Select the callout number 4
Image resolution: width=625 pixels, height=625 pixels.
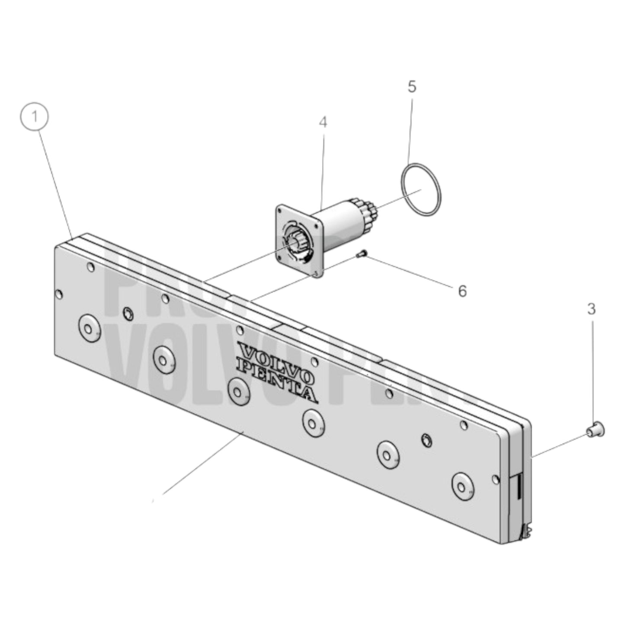pos(323,122)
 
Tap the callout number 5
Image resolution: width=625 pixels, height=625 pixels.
pos(412,87)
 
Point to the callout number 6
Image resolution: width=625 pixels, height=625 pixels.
pos(462,291)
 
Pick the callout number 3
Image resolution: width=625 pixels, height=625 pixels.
pos(591,309)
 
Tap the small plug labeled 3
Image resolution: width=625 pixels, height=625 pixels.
pos(596,429)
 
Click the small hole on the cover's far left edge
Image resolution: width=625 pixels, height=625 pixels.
pos(59,295)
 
